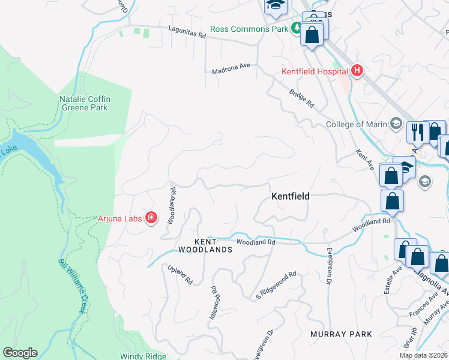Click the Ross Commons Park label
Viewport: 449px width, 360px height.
pos(249,29)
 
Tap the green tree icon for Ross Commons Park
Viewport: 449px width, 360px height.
pos(296,28)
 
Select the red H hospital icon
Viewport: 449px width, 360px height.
pos(357,71)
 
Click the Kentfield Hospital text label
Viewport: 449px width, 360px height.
pos(315,71)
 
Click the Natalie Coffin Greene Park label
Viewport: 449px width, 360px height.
pos(83,103)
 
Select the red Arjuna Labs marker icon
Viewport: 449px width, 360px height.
pos(151,218)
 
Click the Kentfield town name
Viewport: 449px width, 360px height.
pos(290,196)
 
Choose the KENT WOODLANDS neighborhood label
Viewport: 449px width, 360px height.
pos(205,245)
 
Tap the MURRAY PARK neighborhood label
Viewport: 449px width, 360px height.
pos(341,334)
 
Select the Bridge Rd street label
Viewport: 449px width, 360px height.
pos(301,99)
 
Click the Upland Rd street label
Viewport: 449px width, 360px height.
pos(179,274)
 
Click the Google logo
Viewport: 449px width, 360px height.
pos(20,353)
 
